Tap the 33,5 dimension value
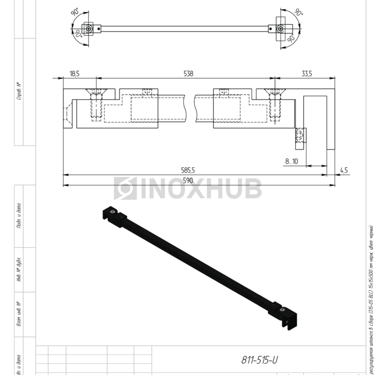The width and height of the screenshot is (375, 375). click(306, 73)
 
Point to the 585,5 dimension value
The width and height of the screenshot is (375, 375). click(187, 170)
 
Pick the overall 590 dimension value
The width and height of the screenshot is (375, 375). click(187, 181)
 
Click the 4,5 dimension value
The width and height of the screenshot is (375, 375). click(343, 170)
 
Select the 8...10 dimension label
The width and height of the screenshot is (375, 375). click(292, 161)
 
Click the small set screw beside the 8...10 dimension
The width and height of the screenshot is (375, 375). click(300, 136)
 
